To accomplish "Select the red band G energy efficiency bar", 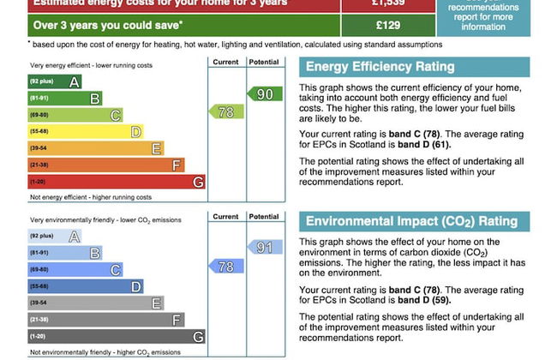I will point(116,182).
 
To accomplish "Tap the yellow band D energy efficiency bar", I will point(85,132).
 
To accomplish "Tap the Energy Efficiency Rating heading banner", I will point(414,67).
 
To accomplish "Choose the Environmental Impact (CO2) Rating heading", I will point(414,222).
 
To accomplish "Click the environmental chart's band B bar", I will point(65,254).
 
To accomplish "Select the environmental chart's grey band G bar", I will point(116,337).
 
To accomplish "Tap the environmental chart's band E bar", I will point(95,303).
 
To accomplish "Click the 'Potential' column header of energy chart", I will point(263,63).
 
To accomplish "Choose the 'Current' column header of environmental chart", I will point(225,217).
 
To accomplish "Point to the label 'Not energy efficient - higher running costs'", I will point(90,197).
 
